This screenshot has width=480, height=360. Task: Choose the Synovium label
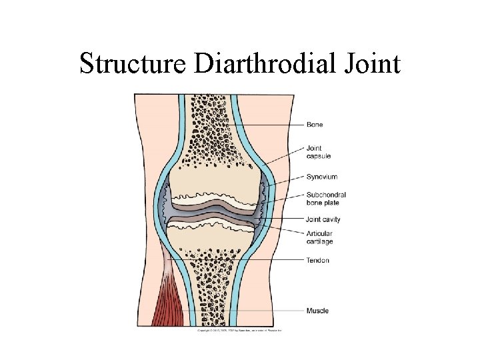322,177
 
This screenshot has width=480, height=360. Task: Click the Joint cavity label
322,218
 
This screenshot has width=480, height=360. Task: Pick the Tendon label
317,260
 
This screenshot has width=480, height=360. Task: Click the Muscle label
317,311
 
